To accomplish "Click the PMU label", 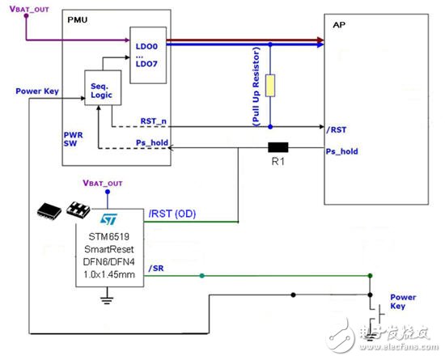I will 75,16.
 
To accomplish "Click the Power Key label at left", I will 35,91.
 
